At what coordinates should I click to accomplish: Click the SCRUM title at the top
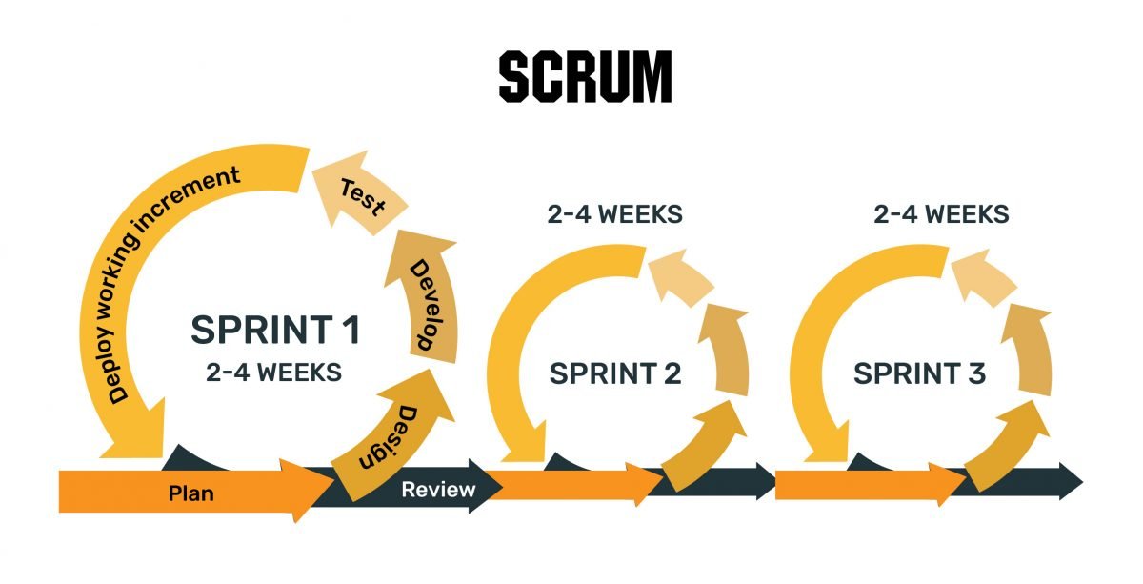(585, 77)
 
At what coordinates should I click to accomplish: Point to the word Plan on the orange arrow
(190, 493)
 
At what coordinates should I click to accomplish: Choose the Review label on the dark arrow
(438, 491)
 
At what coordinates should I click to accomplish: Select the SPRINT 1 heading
(275, 331)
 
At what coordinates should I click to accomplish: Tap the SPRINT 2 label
(615, 374)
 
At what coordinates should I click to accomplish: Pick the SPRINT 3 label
(919, 374)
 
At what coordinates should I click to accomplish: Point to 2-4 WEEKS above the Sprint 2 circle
(615, 214)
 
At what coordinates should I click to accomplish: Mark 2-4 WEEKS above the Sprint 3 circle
(941, 214)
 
